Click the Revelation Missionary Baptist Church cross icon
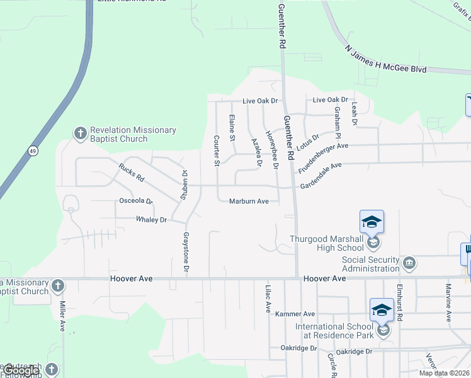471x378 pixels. point(80,133)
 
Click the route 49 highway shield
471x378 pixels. point(31,151)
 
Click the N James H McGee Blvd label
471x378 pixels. point(385,59)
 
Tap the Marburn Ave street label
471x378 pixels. point(249,202)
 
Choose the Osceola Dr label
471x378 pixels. point(136,201)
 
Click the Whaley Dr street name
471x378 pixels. point(151,220)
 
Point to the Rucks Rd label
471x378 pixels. point(131,172)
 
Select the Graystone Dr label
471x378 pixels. point(186,252)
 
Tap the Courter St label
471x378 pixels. point(216,151)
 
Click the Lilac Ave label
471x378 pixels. point(268,298)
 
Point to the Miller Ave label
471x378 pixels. point(63,316)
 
